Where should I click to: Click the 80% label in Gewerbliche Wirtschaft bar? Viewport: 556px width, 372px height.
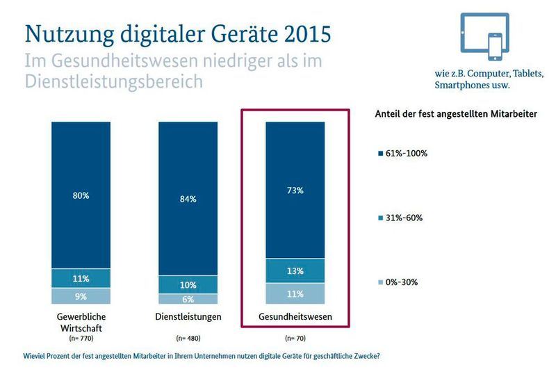[x=81, y=195]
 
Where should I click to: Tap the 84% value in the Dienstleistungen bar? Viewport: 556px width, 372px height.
[x=188, y=199]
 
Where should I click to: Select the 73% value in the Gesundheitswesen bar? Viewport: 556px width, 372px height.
[x=295, y=190]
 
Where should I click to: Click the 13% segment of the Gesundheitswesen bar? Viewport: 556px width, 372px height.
[x=295, y=270]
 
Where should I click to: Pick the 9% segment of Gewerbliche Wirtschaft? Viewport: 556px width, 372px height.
[x=81, y=296]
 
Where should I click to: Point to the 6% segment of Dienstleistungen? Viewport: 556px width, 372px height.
[x=188, y=299]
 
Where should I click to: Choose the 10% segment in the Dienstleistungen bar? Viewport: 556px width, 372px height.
[x=188, y=284]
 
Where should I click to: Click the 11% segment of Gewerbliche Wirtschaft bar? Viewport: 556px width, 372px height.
[x=81, y=278]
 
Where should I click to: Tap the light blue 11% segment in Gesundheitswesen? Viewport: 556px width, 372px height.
[x=295, y=293]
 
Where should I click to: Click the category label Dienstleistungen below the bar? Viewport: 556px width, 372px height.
[x=188, y=316]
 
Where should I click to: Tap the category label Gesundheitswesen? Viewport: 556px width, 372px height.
[x=295, y=316]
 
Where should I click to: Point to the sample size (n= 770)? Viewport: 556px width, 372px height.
[x=81, y=339]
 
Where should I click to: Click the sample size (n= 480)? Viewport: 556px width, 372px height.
[x=188, y=339]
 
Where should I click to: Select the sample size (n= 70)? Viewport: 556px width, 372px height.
[x=295, y=339]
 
